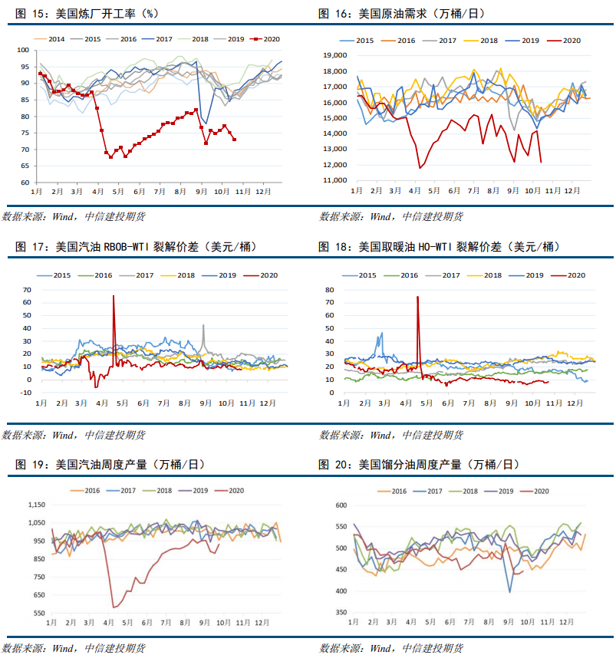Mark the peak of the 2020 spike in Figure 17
(x=114, y=295)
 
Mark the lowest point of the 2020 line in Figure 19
(x=114, y=607)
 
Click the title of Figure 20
(x=418, y=464)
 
